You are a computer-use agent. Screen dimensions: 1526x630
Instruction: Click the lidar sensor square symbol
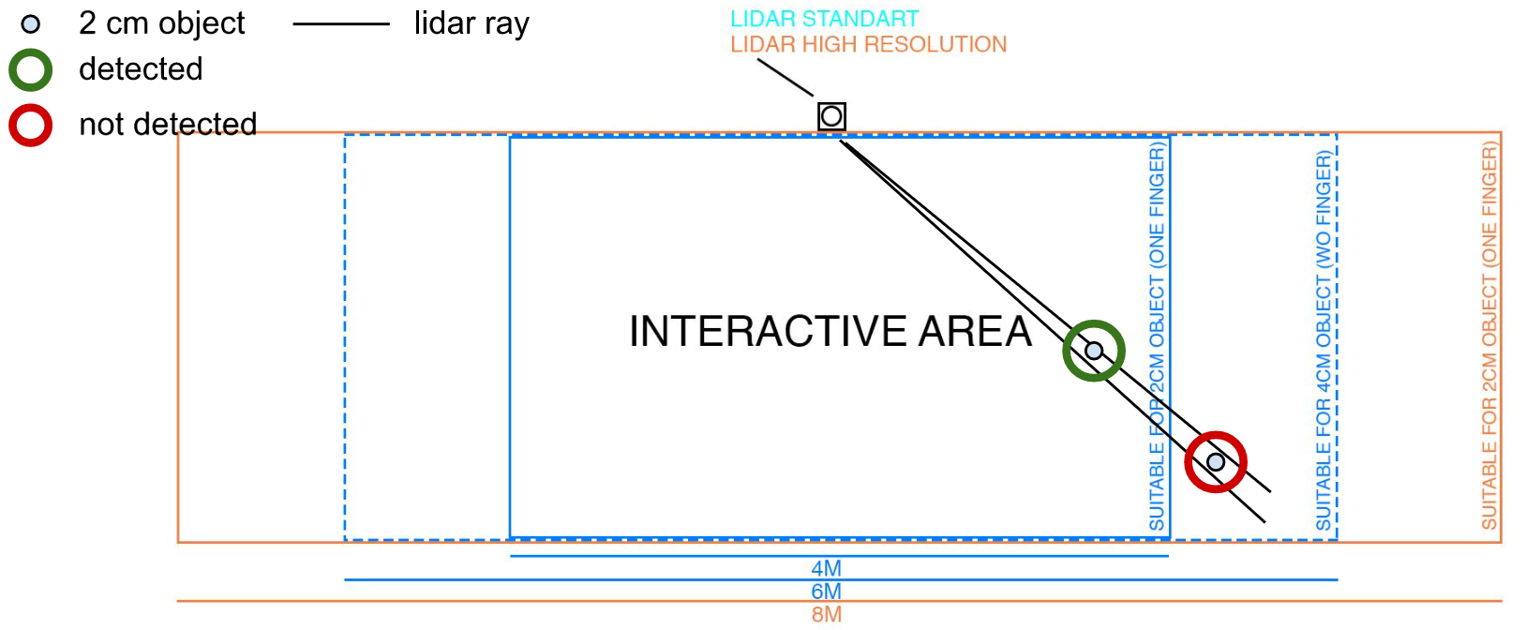(831, 116)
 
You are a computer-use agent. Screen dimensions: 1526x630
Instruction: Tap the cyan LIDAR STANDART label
(824, 19)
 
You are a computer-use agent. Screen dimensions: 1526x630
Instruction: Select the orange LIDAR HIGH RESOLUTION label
(868, 44)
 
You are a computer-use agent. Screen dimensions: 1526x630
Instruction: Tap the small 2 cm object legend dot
(31, 24)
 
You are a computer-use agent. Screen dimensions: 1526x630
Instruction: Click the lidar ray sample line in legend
(340, 24)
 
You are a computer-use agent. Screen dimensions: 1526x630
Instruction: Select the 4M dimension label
(827, 568)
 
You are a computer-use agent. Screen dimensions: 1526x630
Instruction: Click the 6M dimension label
(827, 592)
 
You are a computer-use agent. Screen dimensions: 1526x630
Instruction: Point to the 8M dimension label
(827, 614)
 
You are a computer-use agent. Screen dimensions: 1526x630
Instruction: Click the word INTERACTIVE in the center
(768, 332)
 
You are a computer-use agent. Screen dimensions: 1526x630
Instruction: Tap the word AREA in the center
(975, 332)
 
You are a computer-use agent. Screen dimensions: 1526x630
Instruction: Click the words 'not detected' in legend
(168, 124)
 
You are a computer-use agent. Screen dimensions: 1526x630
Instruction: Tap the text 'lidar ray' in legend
(471, 24)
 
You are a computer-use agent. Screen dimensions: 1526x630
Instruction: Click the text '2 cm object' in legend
(161, 23)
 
